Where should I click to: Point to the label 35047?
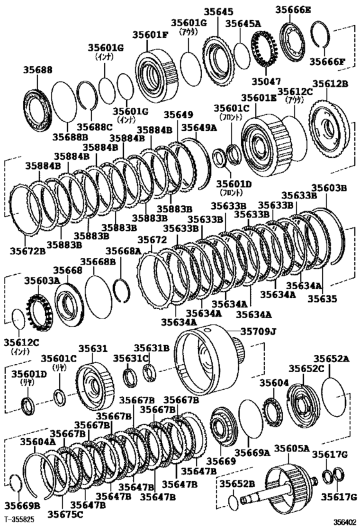click(265, 82)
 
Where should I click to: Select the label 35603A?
click(42, 281)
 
